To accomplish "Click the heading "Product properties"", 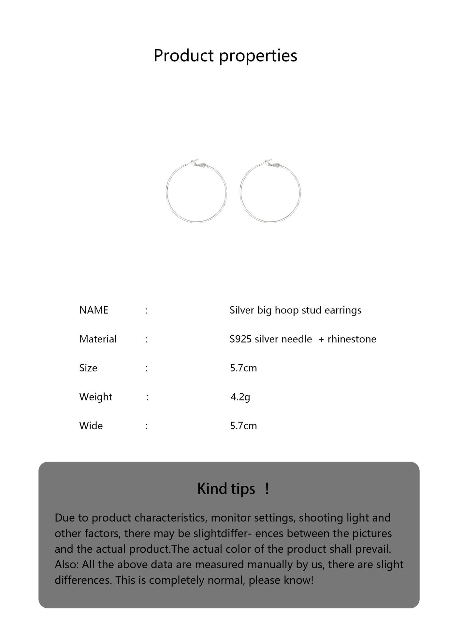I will (x=225, y=55).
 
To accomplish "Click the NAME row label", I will (x=94, y=310).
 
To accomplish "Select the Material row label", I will (x=98, y=339).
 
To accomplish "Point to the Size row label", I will (x=88, y=368).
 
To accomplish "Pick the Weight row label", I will (x=95, y=397).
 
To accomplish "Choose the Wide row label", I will (x=91, y=426).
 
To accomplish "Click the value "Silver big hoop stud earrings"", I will (x=295, y=310).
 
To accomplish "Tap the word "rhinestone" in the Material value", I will (x=352, y=339).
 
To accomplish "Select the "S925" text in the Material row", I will (x=240, y=339).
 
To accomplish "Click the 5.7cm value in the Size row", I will (x=243, y=368).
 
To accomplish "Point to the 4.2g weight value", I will (x=240, y=397).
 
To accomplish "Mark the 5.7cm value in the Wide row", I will (x=243, y=426).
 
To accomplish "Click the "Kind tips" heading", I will (x=226, y=489).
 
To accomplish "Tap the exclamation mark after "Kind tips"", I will (x=267, y=489).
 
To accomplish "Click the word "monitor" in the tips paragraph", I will (x=230, y=518).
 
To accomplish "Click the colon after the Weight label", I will (x=148, y=397).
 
